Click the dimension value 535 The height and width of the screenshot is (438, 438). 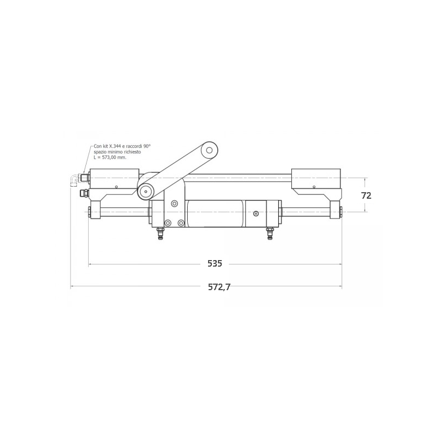pyautogui.click(x=215, y=263)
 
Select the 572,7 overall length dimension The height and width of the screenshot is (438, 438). pyautogui.click(x=220, y=287)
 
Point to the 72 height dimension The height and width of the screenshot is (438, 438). pyautogui.click(x=366, y=195)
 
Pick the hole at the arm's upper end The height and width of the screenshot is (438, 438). pyautogui.click(x=209, y=150)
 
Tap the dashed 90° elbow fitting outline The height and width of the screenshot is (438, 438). pyautogui.click(x=74, y=180)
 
